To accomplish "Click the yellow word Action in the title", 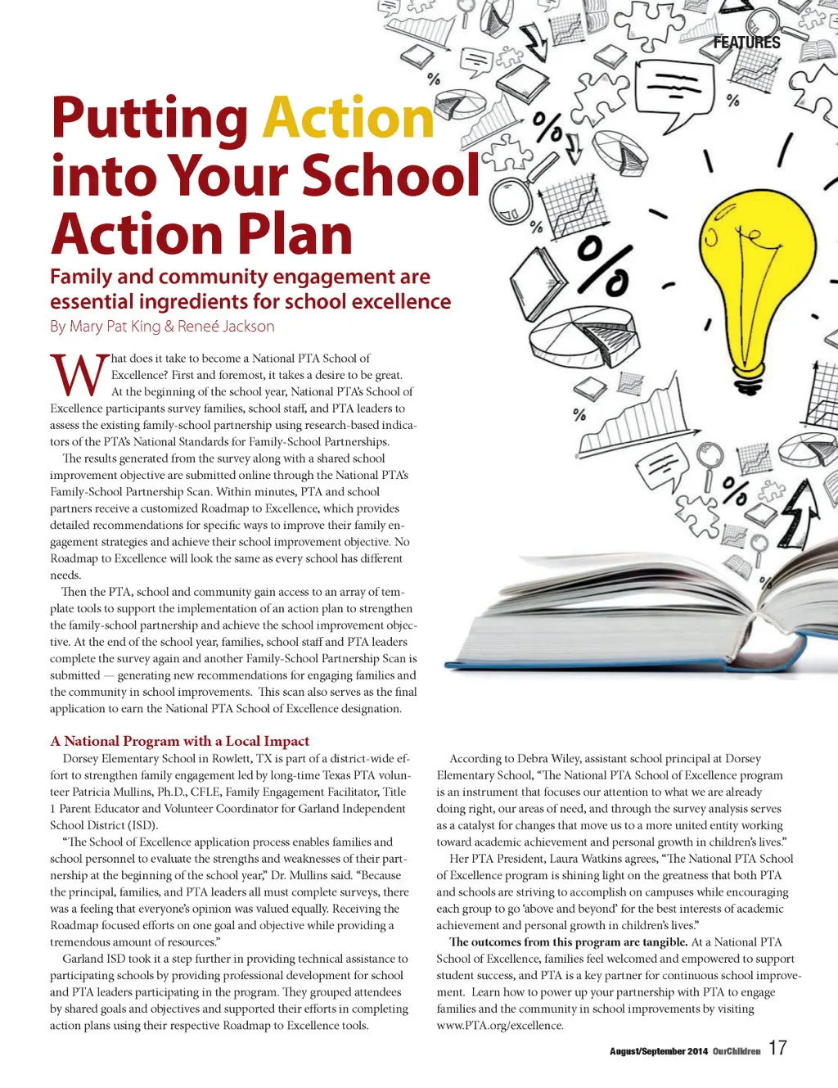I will tap(348, 120).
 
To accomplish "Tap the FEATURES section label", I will tap(746, 43).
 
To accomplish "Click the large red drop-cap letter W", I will tap(79, 376).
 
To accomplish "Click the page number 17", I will tap(777, 1048).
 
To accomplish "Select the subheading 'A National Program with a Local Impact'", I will tap(179, 741).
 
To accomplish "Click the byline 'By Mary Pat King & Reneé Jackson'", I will tap(162, 326).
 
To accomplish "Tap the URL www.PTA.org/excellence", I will tap(499, 1025).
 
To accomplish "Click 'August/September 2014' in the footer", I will tap(658, 1051).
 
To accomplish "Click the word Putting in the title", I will tap(151, 120).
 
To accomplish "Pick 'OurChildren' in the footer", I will tap(737, 1051).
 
